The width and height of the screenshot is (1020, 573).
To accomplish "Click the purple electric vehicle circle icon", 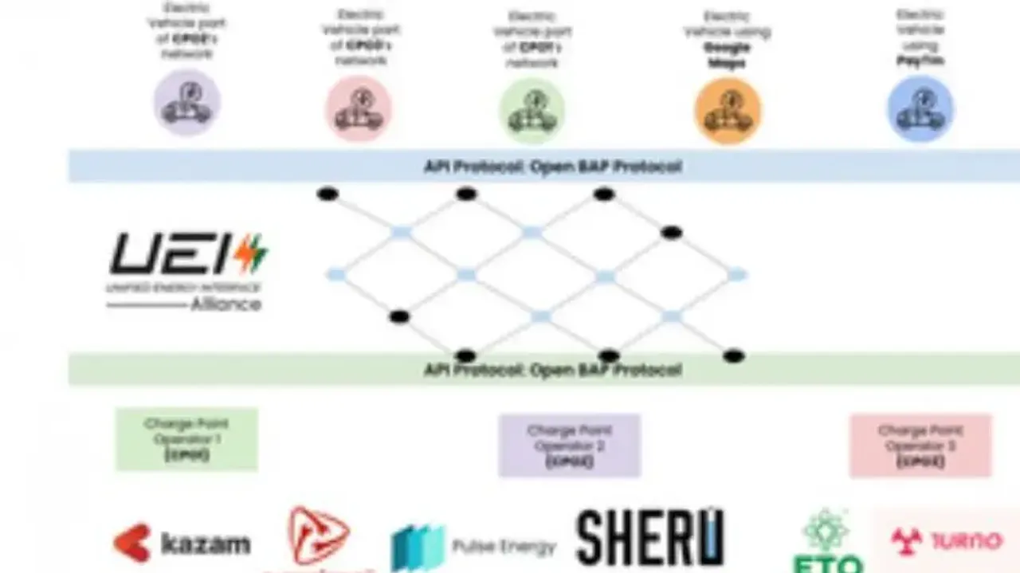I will coord(187,103).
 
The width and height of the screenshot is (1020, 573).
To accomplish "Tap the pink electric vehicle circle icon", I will coord(359,108).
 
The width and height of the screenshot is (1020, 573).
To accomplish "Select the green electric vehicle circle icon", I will coord(532,110).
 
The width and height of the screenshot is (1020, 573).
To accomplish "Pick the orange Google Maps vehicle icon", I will coord(728,110).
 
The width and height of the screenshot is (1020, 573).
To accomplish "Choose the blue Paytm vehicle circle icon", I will coord(920,108).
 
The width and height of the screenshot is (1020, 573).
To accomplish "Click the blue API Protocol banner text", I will coord(552,167).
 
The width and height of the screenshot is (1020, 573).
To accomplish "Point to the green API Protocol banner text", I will coord(552,370).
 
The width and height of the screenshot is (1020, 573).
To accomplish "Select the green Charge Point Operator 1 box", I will coord(186,439).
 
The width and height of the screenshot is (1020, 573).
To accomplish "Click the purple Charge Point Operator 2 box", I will coord(569,445).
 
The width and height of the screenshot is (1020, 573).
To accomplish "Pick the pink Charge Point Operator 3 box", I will coord(920,445).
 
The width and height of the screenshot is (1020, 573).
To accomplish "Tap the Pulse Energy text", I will coord(504,547).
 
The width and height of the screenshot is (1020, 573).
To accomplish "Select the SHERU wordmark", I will coord(649,538).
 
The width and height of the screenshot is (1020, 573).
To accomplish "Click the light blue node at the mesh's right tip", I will coord(736,275).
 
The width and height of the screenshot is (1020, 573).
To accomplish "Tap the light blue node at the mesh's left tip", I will coord(335,275).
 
